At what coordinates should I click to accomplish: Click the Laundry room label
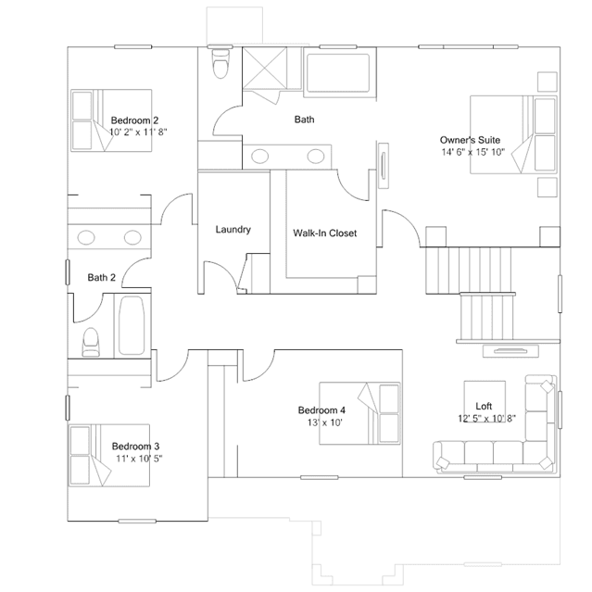click(x=233, y=230)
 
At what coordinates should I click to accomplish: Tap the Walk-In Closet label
click(x=324, y=233)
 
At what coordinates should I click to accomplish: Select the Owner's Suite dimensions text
click(x=473, y=152)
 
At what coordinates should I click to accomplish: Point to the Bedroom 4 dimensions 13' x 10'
click(x=324, y=422)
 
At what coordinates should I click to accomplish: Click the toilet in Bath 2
click(x=91, y=342)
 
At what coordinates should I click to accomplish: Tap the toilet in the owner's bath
click(x=220, y=63)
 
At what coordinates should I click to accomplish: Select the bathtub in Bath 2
click(x=132, y=325)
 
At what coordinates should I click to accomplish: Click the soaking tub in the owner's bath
click(x=338, y=73)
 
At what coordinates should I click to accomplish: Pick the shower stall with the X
click(x=264, y=68)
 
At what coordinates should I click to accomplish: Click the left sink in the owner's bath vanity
click(x=259, y=157)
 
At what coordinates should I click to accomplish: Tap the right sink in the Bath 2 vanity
click(x=132, y=237)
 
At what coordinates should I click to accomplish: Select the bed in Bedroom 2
click(x=111, y=120)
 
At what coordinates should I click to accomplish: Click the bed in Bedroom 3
click(x=109, y=455)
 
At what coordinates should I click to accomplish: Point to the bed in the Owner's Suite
click(x=513, y=134)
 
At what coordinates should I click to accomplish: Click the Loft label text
click(x=484, y=406)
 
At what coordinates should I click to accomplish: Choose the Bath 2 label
click(x=101, y=278)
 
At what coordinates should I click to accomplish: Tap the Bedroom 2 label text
click(x=134, y=120)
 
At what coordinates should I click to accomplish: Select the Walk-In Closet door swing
click(x=353, y=185)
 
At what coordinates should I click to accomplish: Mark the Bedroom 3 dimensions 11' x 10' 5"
click(x=139, y=459)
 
